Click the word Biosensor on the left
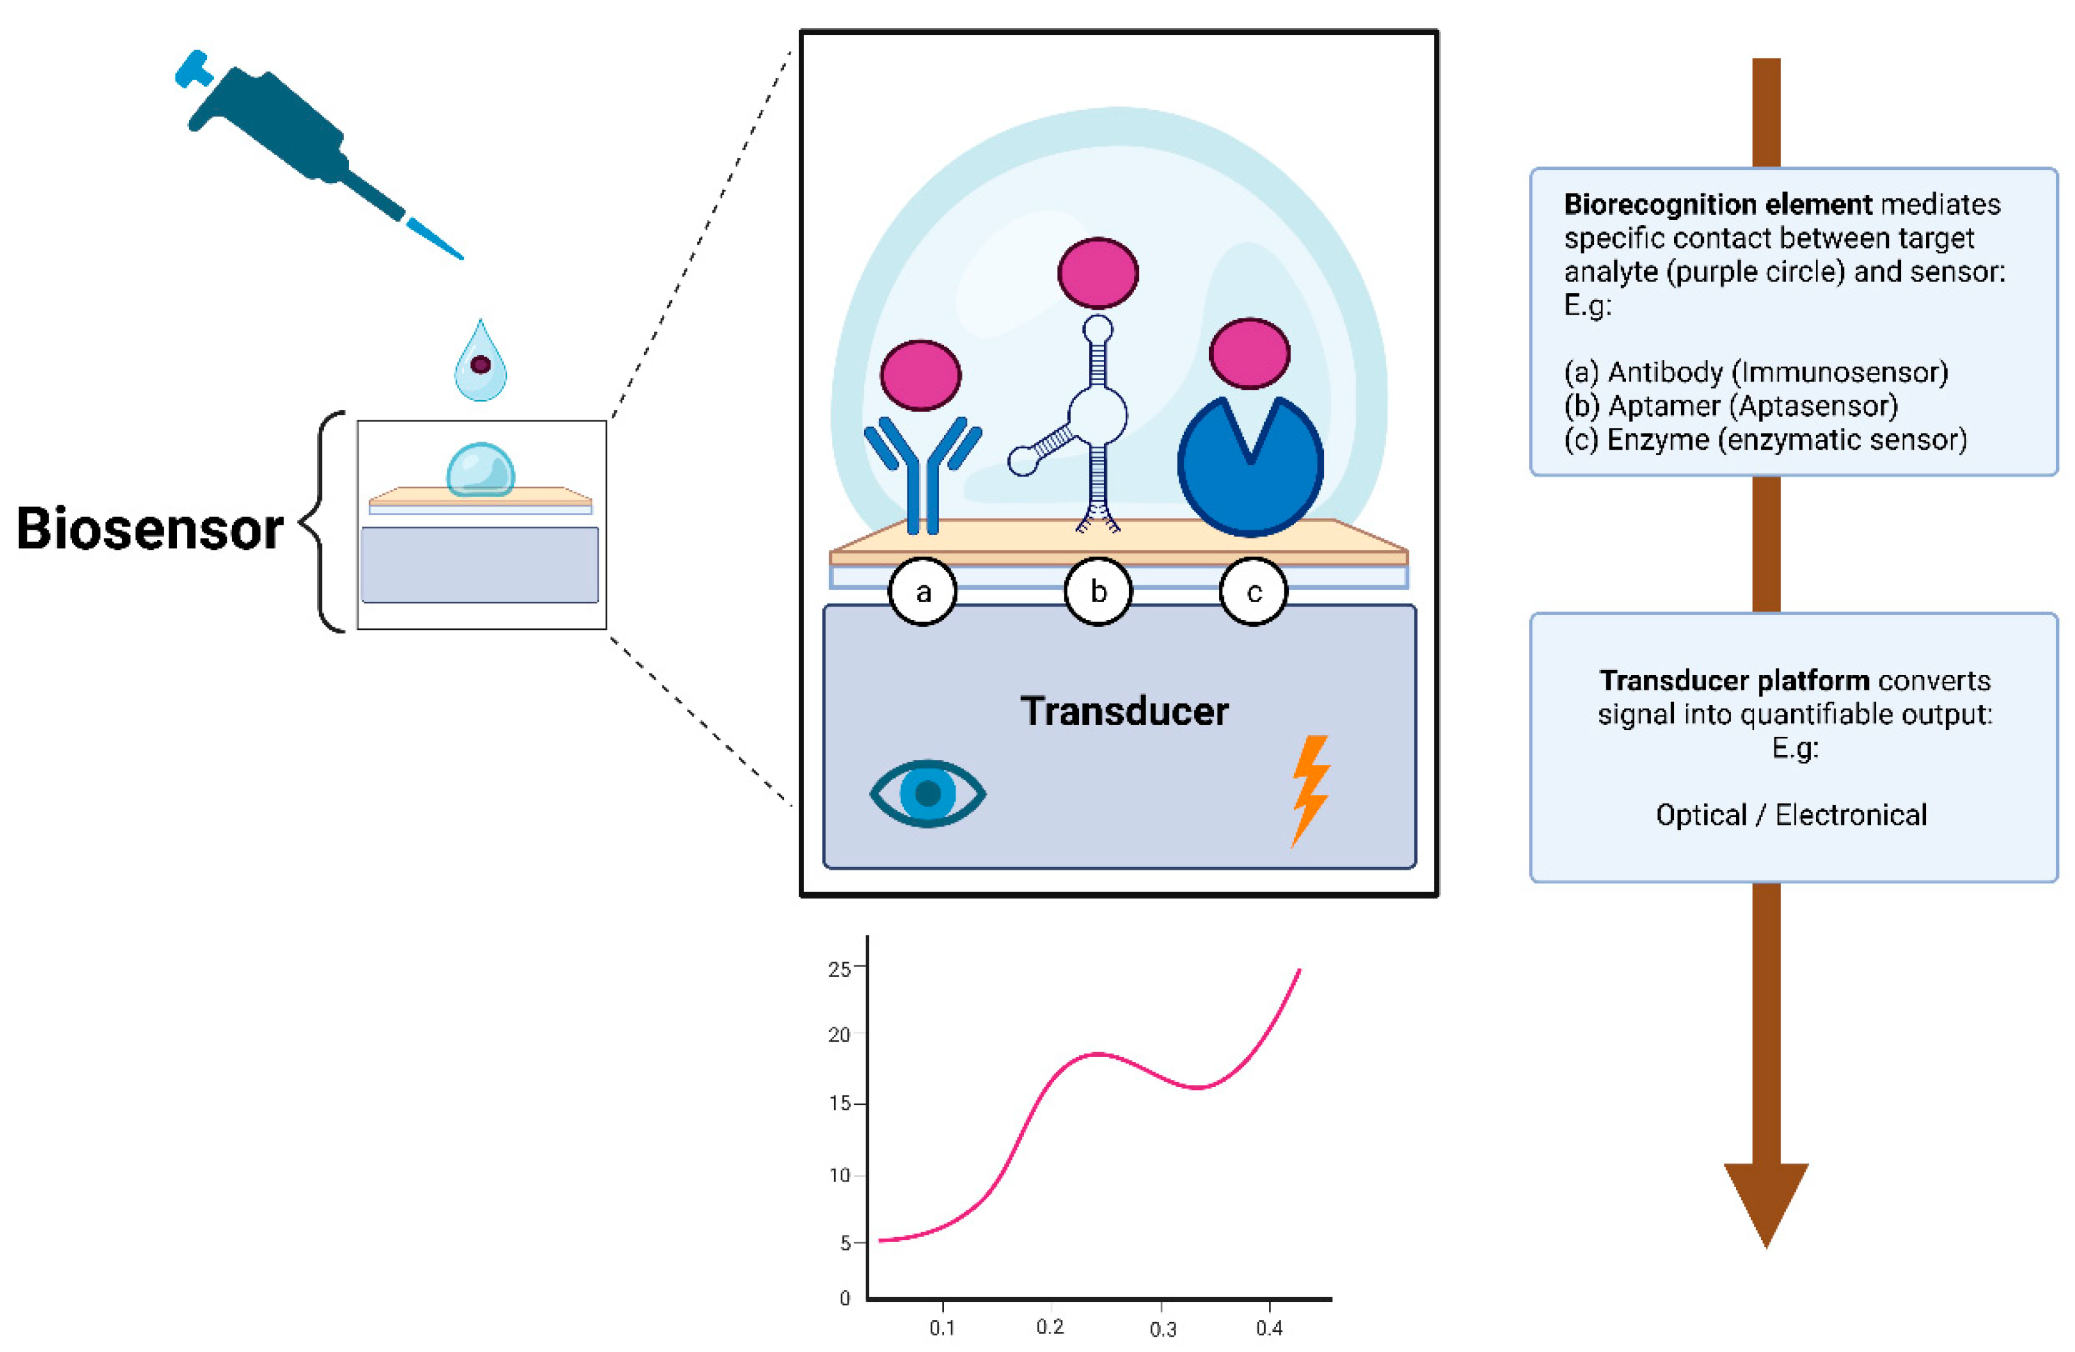pos(150,528)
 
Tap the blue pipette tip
pos(434,239)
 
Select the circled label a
pos(923,592)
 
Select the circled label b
pos(1099,592)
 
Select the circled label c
pos(1254,593)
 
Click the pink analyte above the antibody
pos(921,375)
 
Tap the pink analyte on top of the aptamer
pos(1097,273)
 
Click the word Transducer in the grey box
pos(1124,711)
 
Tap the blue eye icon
pos(928,792)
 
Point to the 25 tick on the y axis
pos(840,968)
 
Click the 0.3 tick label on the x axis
pos(1162,1328)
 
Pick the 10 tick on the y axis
pos(840,1175)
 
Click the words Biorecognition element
pos(1717,204)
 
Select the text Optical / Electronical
pos(1791,815)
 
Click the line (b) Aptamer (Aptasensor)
pos(1730,406)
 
